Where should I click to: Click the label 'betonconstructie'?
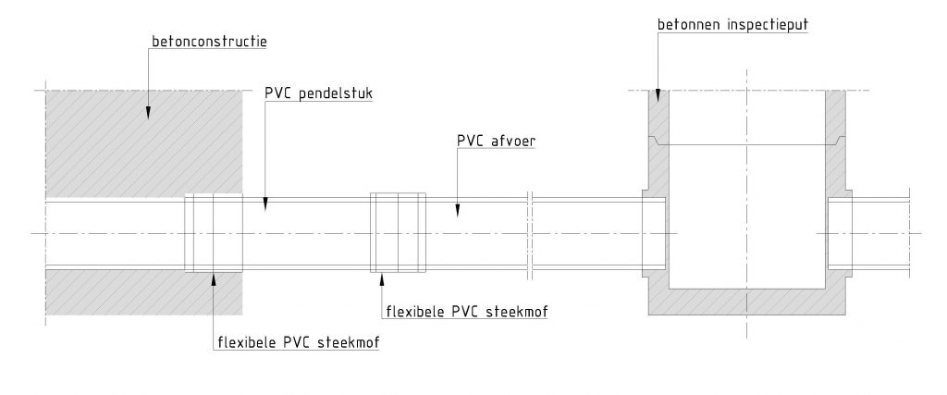click(x=209, y=42)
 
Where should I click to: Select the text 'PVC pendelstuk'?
click(x=318, y=93)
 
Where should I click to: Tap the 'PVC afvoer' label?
click(x=497, y=142)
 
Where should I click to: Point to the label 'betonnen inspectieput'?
click(x=732, y=25)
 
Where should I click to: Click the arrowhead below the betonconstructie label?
click(x=147, y=112)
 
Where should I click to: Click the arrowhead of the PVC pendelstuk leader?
click(x=264, y=204)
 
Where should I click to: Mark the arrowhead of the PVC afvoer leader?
click(x=457, y=210)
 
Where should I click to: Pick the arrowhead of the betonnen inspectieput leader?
click(x=658, y=95)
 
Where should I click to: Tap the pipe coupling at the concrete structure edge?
click(x=214, y=233)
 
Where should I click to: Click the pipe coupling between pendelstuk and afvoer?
click(x=398, y=233)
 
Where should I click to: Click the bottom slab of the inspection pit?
click(x=746, y=302)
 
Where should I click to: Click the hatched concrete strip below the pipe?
click(x=144, y=292)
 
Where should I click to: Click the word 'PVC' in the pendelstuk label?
click(x=277, y=93)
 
